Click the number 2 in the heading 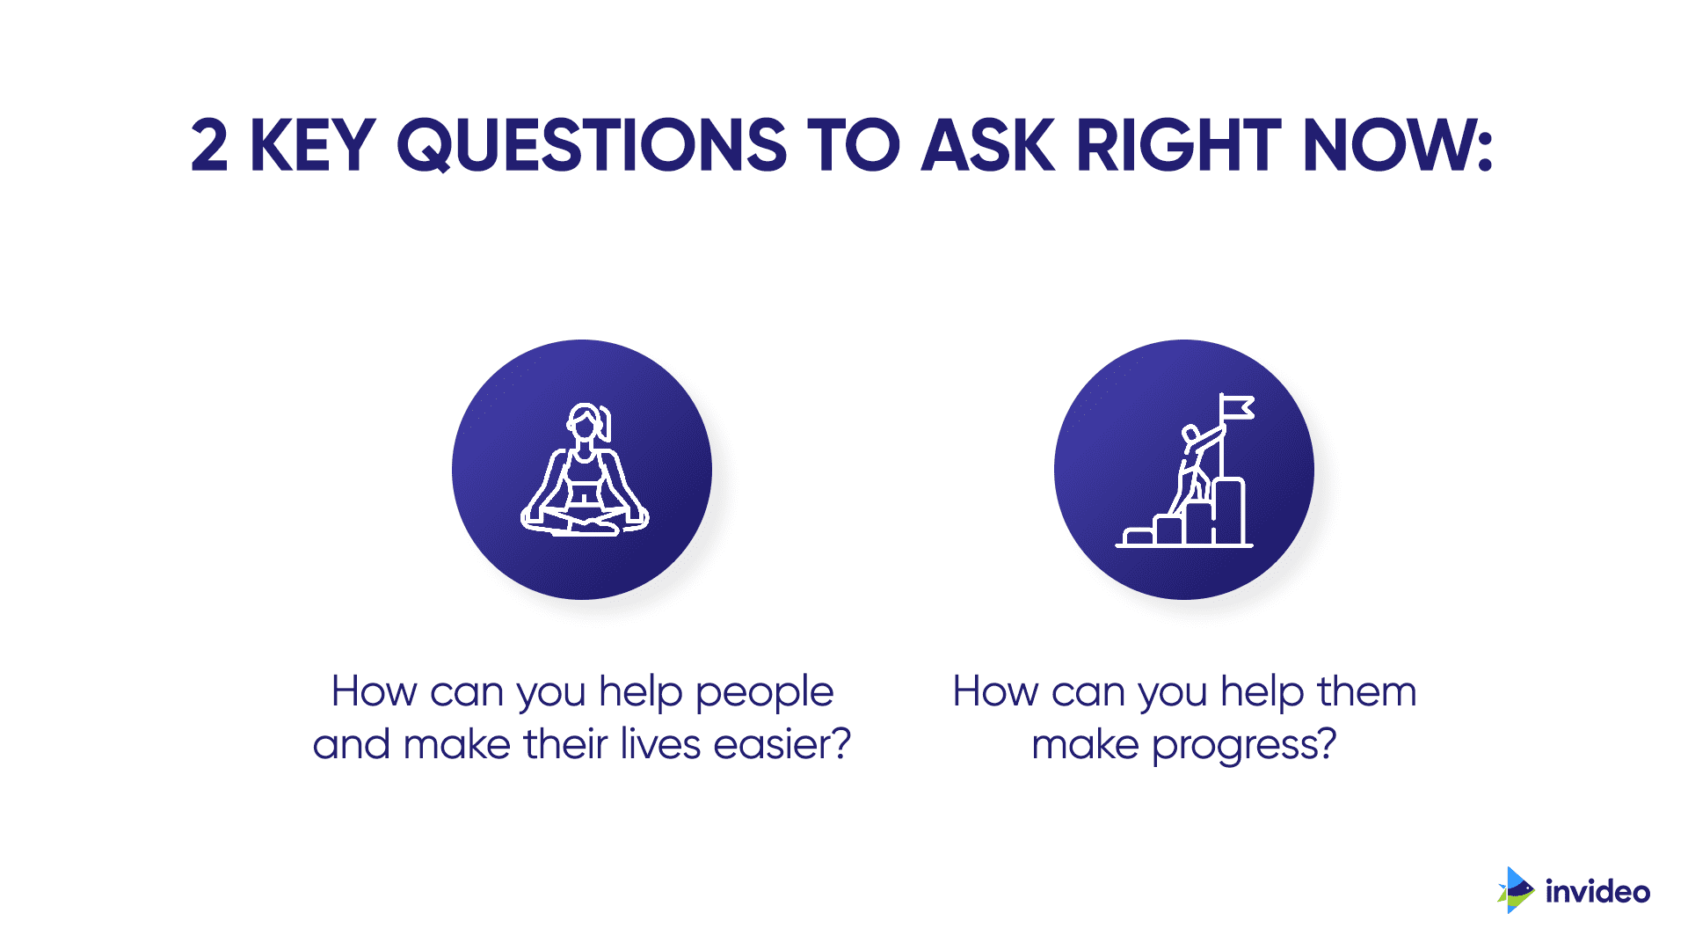tap(209, 145)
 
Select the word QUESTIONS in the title tap(592, 146)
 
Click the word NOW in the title tap(1398, 145)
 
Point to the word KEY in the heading tap(313, 145)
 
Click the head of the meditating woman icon tap(586, 422)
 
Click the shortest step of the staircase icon tap(1139, 537)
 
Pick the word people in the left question tap(764, 693)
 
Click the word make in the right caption tap(1086, 744)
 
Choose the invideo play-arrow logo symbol tap(1516, 890)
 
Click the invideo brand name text tap(1597, 891)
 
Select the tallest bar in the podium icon tap(1230, 512)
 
